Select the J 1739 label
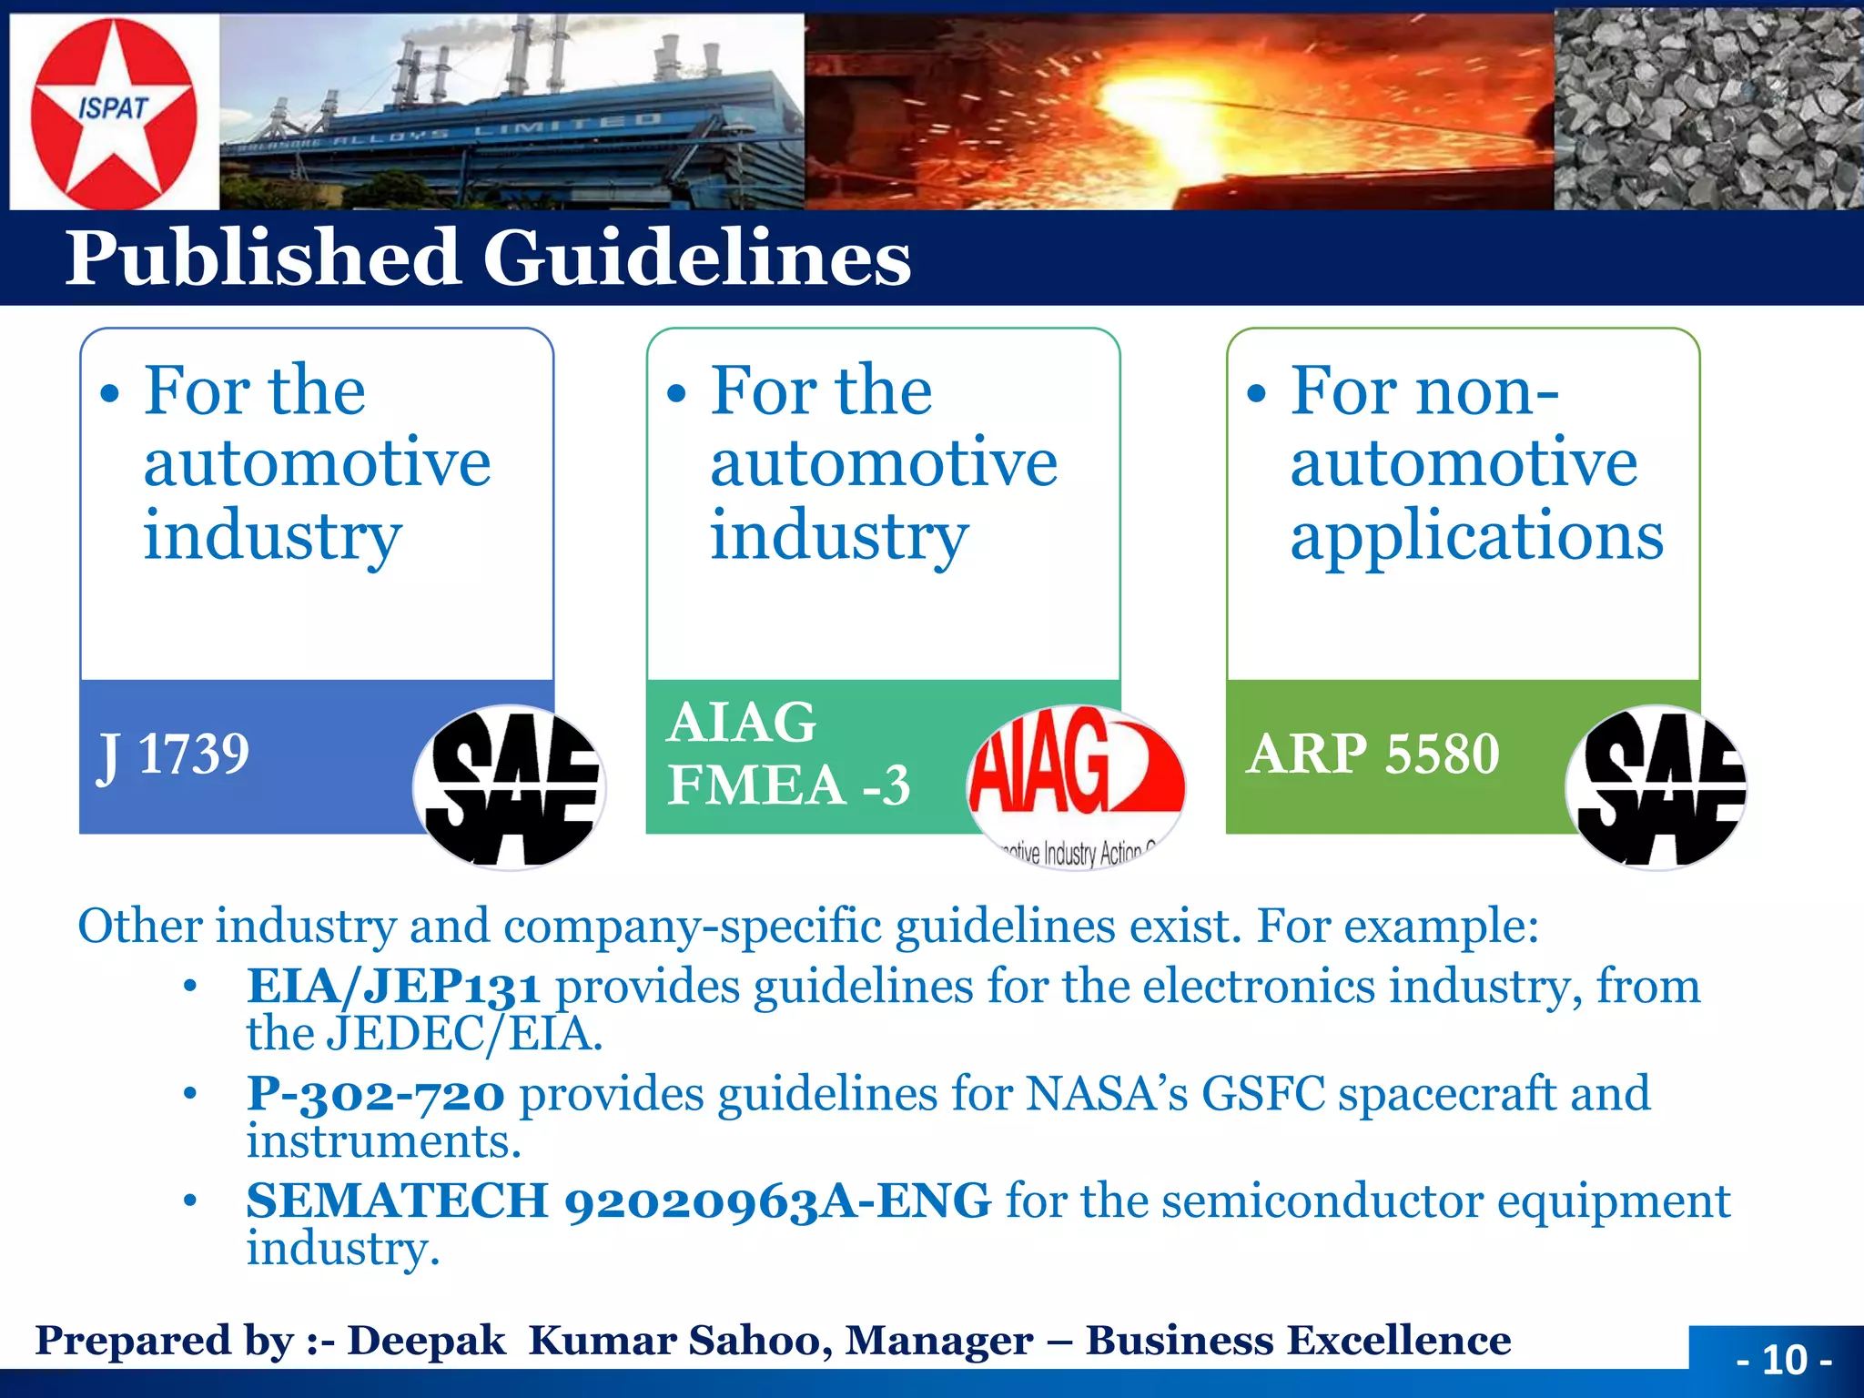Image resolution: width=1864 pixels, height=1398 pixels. click(173, 755)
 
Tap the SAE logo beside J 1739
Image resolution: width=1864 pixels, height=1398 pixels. click(511, 787)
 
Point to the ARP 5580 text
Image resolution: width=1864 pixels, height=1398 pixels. click(1373, 754)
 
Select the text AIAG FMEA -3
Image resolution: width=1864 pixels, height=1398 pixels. click(787, 754)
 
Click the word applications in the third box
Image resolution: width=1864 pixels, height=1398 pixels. click(1476, 537)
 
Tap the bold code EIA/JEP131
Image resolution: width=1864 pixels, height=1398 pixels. click(393, 987)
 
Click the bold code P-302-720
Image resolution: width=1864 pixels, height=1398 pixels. click(375, 1094)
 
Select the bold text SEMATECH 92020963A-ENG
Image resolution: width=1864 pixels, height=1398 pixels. click(618, 1201)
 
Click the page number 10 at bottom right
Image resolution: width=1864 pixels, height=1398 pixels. click(1784, 1360)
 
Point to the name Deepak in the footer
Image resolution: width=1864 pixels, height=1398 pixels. click(426, 1341)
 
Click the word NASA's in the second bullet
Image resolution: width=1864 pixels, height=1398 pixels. click(1106, 1094)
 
